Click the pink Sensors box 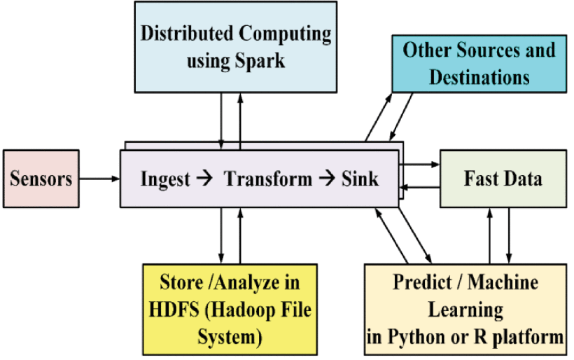41,179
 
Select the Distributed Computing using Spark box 236,47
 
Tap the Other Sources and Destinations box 479,64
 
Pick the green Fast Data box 503,179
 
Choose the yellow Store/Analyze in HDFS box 230,310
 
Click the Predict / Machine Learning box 465,310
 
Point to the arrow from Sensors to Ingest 99,179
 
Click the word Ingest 165,180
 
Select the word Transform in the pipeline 268,179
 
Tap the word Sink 360,179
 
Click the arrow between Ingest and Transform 204,179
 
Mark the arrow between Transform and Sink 327,179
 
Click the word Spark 260,61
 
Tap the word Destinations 479,77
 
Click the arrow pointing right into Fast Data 419,165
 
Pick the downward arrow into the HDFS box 221,235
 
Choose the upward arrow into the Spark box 240,121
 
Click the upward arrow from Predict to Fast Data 490,236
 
